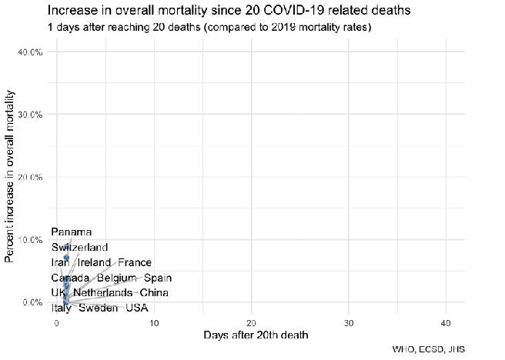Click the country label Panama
[72, 232]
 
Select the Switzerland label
[80, 247]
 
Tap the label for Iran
[61, 262]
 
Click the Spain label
[157, 278]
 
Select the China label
[154, 293]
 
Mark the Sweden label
[98, 308]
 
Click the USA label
[137, 308]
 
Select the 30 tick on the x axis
[349, 322]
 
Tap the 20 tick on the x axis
[251, 322]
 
